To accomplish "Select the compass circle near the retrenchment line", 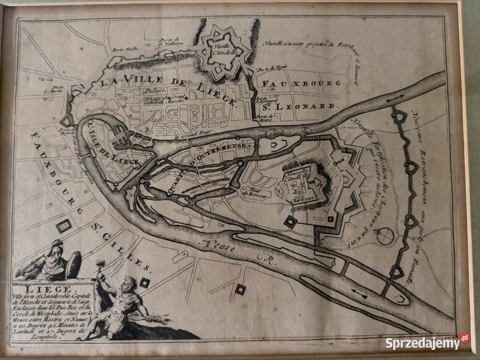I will [384, 236].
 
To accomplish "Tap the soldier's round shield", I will [73, 263].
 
